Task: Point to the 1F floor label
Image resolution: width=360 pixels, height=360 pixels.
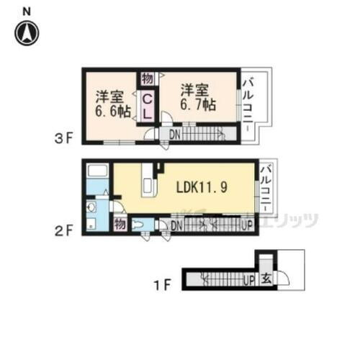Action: [x=163, y=283]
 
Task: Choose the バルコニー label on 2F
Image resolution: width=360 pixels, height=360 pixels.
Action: [x=266, y=189]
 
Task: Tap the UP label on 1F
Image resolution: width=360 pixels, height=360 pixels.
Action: [x=250, y=279]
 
